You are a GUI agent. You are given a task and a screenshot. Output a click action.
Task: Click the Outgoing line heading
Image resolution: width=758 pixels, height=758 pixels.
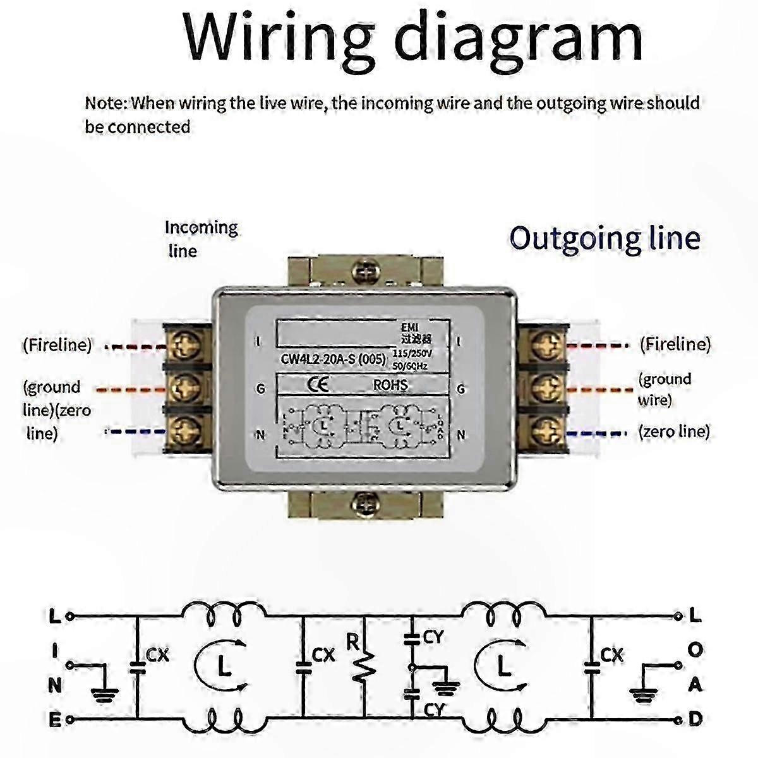[605, 238]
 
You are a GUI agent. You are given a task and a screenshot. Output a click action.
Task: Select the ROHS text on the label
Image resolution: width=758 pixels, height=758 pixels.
[390, 385]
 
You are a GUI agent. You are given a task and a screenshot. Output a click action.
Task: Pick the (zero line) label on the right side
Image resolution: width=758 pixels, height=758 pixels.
[673, 431]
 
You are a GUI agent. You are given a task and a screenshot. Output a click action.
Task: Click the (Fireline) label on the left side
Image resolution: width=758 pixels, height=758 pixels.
[57, 346]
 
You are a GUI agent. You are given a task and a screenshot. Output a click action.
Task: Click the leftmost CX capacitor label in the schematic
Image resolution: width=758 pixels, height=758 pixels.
[157, 655]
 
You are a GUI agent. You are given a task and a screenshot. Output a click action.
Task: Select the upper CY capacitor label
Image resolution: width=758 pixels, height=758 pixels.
[433, 638]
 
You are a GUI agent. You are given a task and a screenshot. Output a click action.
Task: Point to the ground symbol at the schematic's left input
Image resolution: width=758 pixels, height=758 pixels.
[104, 693]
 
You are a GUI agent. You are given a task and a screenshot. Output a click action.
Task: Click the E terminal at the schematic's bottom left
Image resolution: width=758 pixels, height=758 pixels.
[55, 719]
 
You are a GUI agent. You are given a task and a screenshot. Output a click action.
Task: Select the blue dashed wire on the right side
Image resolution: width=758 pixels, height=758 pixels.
[596, 433]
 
